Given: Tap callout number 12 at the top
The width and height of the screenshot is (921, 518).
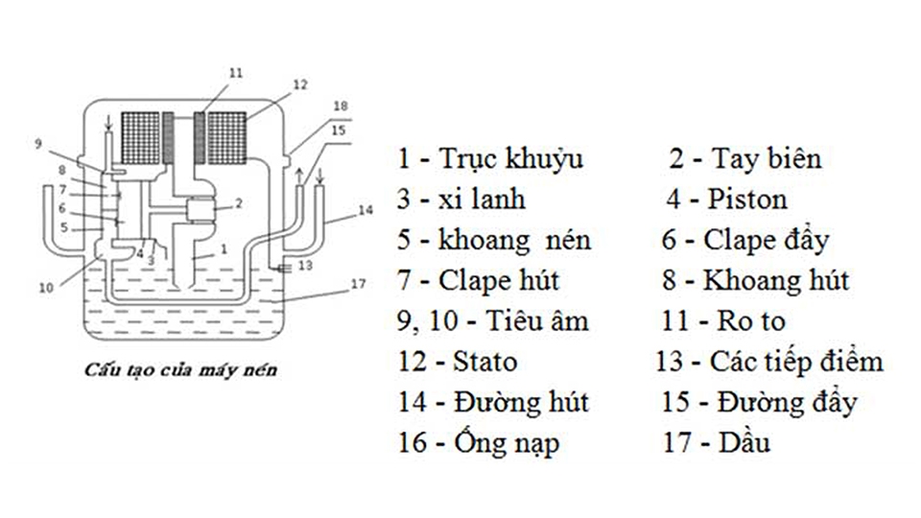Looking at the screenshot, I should tap(299, 84).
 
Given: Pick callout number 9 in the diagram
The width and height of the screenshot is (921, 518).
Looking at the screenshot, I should tap(38, 145).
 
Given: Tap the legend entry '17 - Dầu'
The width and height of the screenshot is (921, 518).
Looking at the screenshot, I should tap(716, 443).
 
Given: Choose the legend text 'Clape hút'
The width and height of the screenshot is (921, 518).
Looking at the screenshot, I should tap(498, 281).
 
